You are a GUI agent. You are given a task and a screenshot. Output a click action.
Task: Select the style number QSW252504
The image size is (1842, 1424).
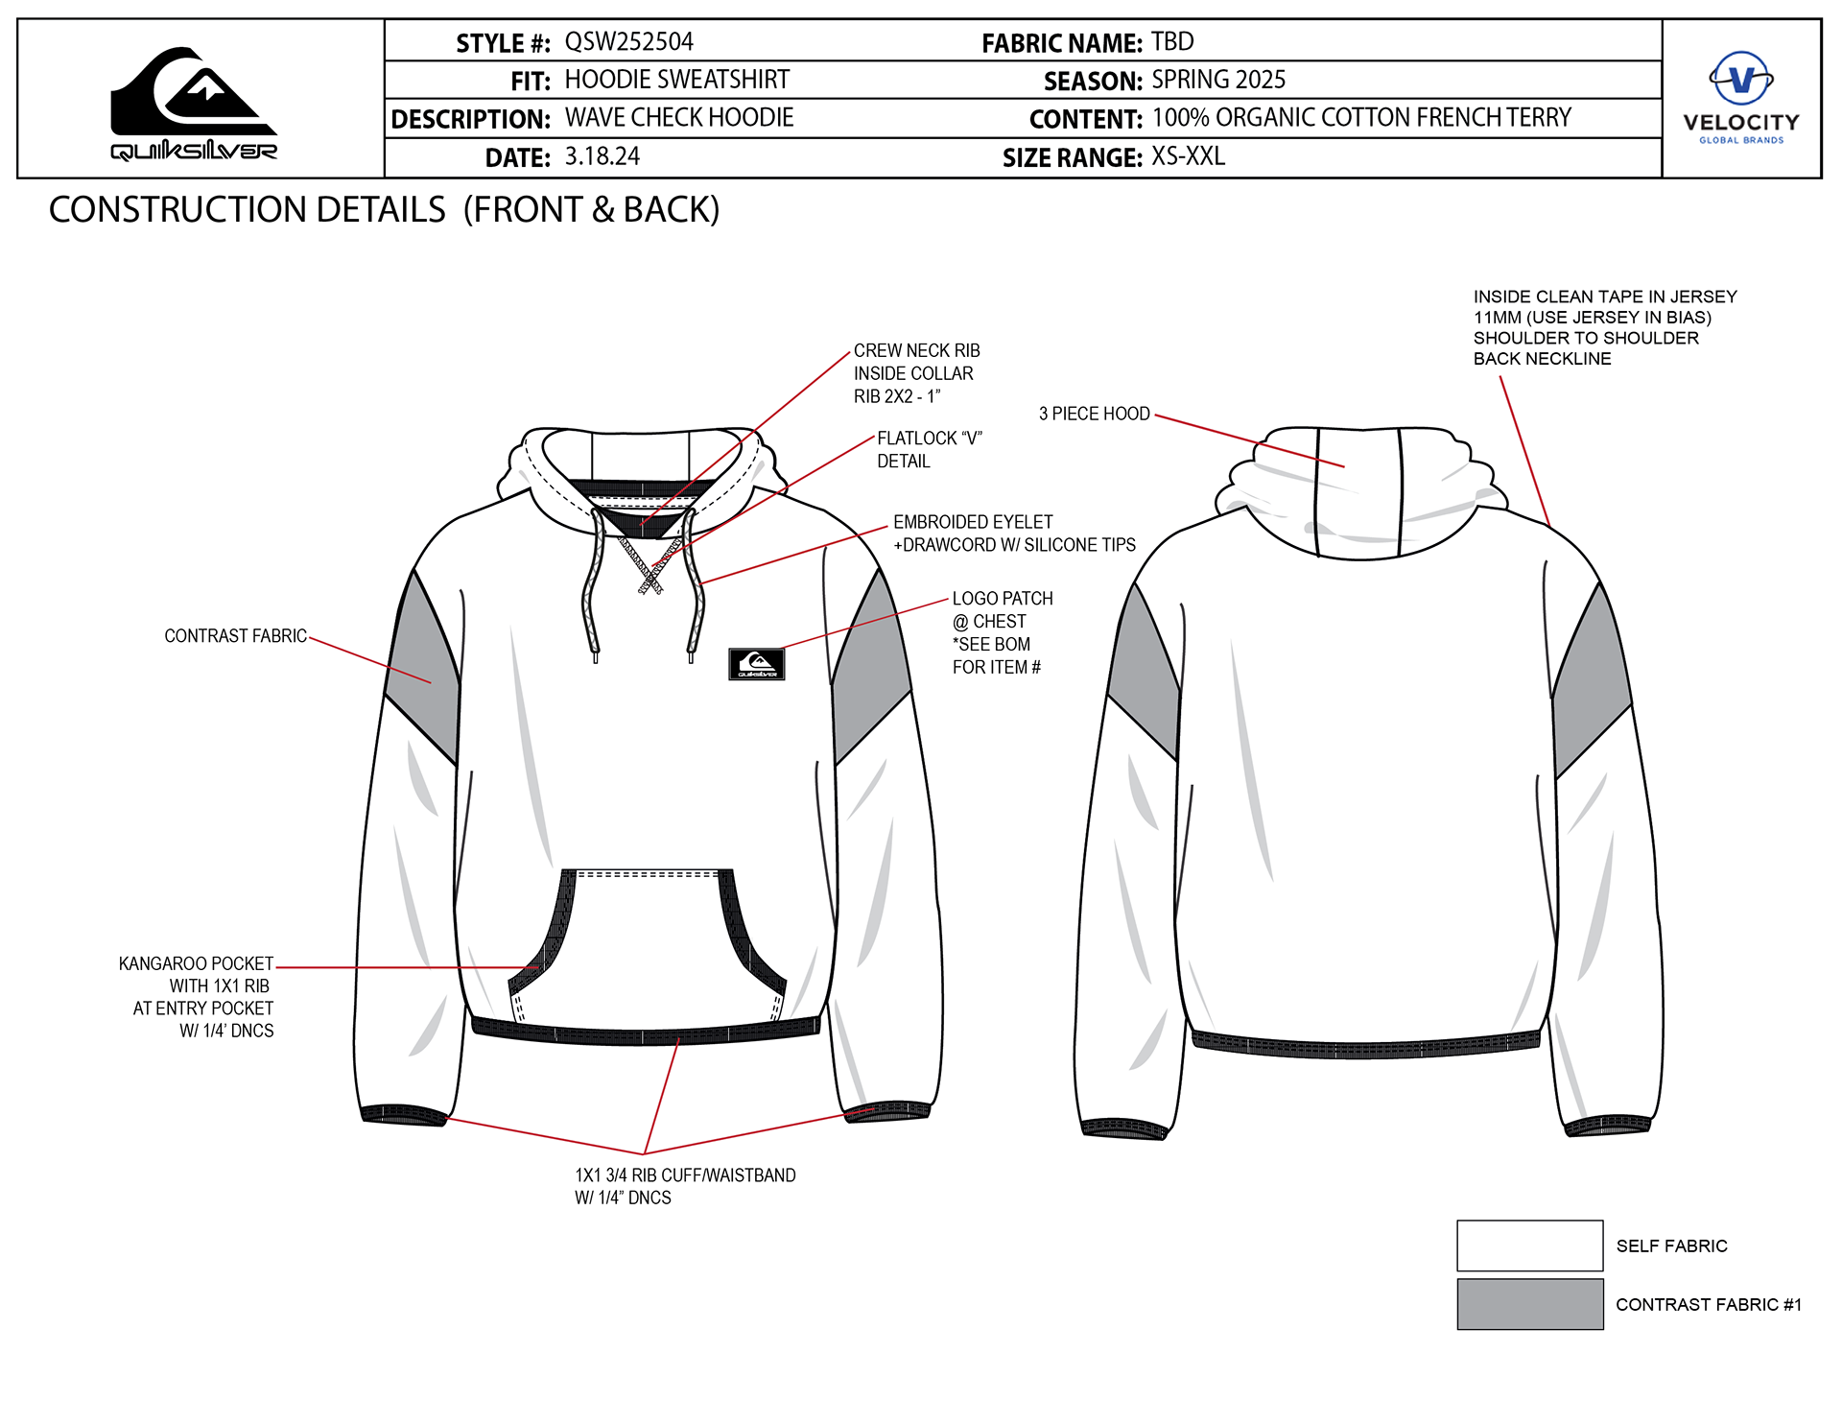pos(628,42)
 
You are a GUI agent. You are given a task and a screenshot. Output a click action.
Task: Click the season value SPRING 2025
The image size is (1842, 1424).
pos(1218,80)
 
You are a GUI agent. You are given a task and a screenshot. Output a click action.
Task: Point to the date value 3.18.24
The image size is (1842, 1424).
pos(602,156)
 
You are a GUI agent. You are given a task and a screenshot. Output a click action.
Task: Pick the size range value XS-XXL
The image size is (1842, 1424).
pos(1188,156)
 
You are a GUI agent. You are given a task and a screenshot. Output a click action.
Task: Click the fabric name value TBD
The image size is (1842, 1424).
pos(1172,42)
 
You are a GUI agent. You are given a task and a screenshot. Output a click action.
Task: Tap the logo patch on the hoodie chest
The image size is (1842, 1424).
pos(757,664)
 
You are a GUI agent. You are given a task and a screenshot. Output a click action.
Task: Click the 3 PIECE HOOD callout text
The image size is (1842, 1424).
pos(1094,414)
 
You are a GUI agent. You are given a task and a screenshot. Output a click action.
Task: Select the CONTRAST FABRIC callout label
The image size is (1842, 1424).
pos(235,636)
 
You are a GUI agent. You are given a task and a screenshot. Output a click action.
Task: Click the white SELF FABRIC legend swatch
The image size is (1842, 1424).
pos(1529,1246)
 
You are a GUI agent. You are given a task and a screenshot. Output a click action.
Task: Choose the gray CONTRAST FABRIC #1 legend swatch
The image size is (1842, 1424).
pos(1529,1304)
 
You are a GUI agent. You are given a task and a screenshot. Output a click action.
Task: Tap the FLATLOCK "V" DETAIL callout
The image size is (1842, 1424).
pos(929,449)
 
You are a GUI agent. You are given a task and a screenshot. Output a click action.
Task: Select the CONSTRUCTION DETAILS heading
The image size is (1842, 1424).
pos(384,210)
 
